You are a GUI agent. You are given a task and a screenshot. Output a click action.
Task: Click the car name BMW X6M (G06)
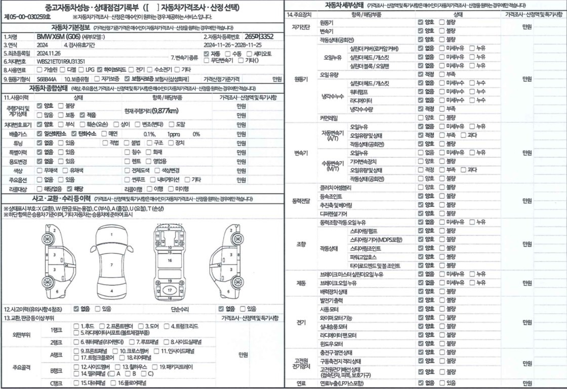coord(58,37)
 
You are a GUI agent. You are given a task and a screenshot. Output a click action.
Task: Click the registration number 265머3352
coord(259,36)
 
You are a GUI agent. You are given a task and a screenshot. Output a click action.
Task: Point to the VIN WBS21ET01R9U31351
coord(61,61)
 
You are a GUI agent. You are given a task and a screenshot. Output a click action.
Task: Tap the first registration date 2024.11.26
coord(49,53)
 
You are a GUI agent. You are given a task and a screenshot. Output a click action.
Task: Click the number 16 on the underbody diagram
coord(170,259)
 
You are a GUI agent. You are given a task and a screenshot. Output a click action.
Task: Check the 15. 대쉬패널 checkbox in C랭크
coord(76,382)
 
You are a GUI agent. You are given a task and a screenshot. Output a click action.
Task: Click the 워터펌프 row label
coord(359,91)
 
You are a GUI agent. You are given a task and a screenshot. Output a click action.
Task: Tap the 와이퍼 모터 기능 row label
coord(336,318)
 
